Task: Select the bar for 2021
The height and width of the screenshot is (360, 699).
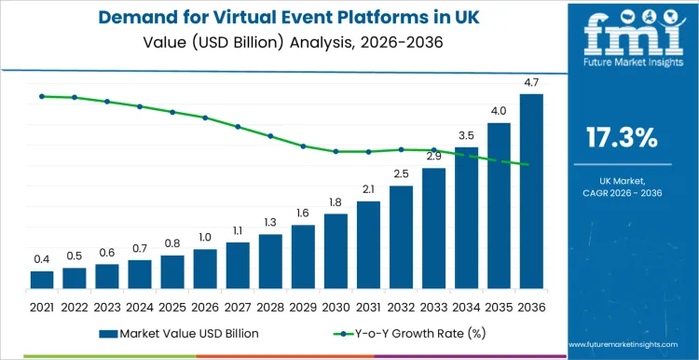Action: [42, 280]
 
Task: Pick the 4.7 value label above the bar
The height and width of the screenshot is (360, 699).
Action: [531, 84]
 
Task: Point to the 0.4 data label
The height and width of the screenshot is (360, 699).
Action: [42, 259]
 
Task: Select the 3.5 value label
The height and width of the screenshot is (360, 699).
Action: [466, 136]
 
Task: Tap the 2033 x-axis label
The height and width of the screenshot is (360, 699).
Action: [433, 306]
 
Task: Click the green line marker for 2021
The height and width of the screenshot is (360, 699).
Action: [42, 96]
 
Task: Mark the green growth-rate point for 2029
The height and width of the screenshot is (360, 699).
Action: [303, 146]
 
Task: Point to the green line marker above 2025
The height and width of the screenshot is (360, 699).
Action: [172, 112]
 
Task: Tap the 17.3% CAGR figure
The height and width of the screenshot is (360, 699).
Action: [622, 139]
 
